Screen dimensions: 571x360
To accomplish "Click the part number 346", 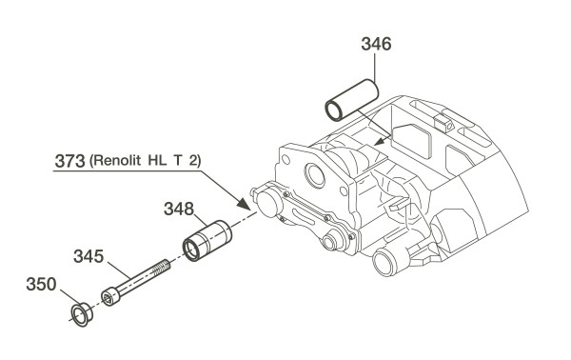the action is [x=376, y=44].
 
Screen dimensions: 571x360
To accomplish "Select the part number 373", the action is [x=69, y=161].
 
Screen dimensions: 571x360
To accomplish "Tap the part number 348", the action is [x=179, y=210].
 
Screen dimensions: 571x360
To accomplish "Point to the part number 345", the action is [x=89, y=256].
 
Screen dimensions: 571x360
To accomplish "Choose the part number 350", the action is [x=41, y=284].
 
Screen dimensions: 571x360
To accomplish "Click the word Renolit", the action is [x=118, y=160].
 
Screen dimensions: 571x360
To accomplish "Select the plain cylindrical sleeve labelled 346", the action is [x=351, y=100].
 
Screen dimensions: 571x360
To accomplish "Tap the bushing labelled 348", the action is [x=207, y=241].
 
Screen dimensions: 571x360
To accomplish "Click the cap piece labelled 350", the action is [x=81, y=314].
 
